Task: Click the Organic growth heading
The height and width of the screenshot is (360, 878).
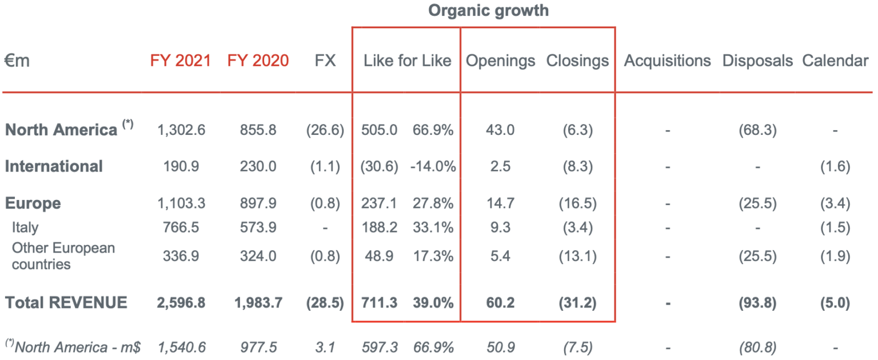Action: coord(488,11)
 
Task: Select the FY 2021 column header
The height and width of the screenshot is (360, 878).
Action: coord(181,61)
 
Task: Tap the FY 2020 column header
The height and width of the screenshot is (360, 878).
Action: coord(258,61)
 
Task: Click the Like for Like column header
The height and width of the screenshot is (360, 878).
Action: coord(407,61)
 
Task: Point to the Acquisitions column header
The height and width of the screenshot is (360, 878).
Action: coord(667,61)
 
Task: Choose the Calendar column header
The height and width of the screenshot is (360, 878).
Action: coord(835,61)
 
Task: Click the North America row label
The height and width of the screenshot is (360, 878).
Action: coord(61,130)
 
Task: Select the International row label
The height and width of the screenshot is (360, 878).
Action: coord(54,166)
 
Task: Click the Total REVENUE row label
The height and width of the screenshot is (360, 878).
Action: coord(66,302)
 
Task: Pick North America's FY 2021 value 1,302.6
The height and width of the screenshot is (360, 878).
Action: coord(181,130)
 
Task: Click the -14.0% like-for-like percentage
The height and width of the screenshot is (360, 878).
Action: coord(433,166)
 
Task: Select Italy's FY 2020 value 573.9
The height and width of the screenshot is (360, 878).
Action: coord(258,227)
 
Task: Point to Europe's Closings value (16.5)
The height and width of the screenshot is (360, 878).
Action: coord(577,203)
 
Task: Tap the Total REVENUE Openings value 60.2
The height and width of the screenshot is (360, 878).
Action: coord(500,302)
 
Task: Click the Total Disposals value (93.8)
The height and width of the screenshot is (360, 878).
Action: coord(757,302)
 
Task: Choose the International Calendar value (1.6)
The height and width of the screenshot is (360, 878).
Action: coord(835,166)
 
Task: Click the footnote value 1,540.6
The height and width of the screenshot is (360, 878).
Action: coord(181,347)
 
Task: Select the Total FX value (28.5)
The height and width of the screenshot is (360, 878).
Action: coord(325,302)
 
